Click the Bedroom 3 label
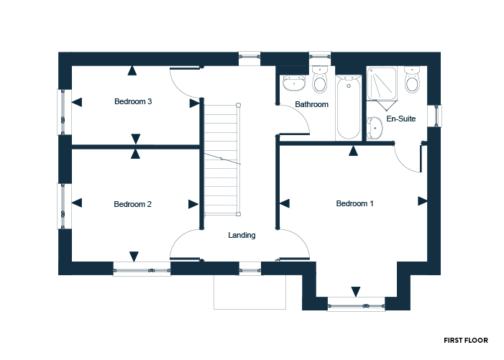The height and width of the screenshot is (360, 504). tap(133, 101)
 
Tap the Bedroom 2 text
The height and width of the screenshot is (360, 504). tap(132, 204)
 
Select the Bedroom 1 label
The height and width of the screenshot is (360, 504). tap(355, 203)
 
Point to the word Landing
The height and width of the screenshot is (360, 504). tap(242, 236)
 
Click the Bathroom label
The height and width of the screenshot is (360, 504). tap(311, 104)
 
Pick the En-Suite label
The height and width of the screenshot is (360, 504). tap(400, 119)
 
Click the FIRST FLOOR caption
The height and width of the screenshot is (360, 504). tap(466, 341)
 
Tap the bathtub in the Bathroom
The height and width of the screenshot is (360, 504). tap(349, 107)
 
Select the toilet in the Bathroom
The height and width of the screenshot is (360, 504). tap(320, 80)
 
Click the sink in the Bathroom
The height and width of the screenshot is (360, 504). tap(294, 83)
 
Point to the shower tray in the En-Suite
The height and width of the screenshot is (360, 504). tap(382, 83)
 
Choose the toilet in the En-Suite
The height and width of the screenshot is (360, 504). tap(412, 80)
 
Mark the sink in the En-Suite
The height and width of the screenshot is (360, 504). tap(375, 128)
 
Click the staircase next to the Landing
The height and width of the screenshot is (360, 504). tap(222, 160)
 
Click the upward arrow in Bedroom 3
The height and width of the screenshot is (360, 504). tap(132, 70)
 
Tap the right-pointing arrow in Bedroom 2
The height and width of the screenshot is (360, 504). tap(193, 204)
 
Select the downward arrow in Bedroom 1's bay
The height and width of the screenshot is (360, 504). tap(355, 292)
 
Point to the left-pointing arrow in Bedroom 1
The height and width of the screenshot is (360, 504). tap(285, 203)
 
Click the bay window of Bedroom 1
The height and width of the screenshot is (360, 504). tap(356, 304)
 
